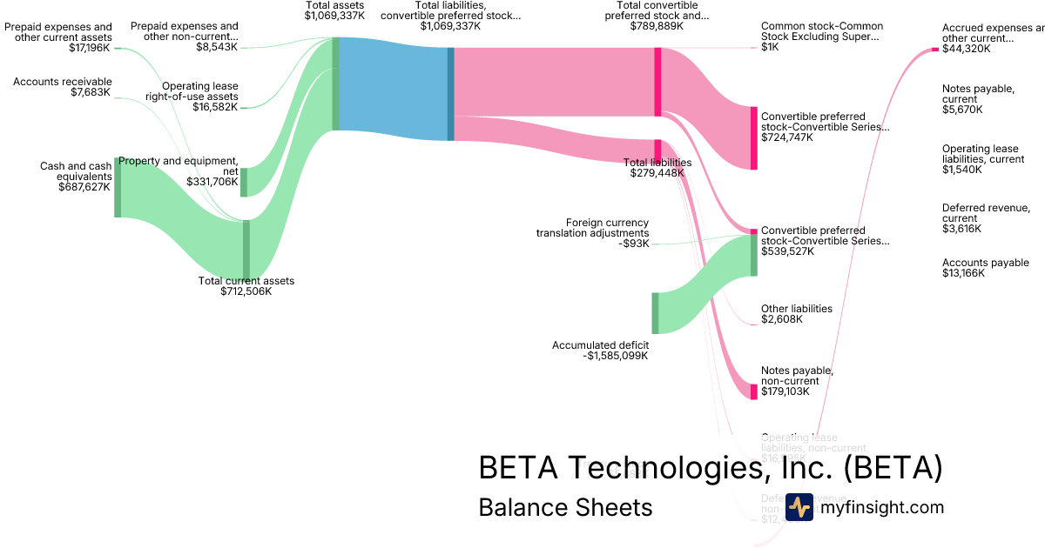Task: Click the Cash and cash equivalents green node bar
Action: coord(118,187)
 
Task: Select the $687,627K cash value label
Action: coord(84,187)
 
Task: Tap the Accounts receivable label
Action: coord(63,82)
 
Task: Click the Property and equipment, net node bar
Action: coord(244,182)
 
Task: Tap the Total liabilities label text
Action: coord(657,162)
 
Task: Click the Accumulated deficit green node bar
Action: coord(655,313)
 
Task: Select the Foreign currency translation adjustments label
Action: coord(592,227)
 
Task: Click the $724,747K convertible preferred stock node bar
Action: coord(754,137)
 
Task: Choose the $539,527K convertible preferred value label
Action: coord(788,251)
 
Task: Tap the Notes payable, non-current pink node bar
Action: coord(754,392)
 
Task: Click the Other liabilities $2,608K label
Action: coord(796,314)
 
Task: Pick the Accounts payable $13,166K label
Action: coord(985,268)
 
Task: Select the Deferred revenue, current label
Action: coord(985,213)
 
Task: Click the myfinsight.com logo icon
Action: coord(799,507)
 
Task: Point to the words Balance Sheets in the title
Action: coord(565,507)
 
